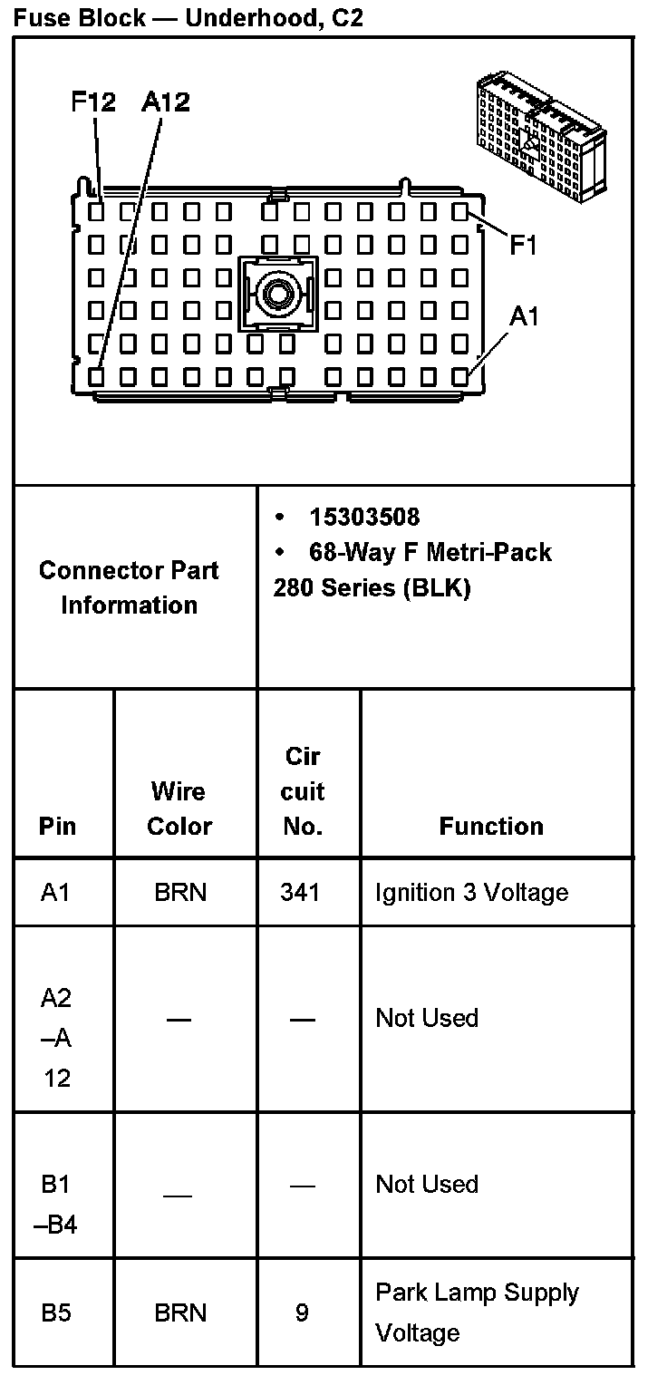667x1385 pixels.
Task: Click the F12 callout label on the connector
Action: tap(93, 102)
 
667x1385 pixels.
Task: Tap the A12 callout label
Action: tap(165, 102)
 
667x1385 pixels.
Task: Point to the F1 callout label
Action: tap(523, 245)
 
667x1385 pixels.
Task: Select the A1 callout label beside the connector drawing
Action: tap(524, 316)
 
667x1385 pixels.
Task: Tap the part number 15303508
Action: tap(364, 517)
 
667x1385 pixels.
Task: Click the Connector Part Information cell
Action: tap(129, 587)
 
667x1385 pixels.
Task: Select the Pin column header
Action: tap(58, 826)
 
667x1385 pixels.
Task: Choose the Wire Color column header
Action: tap(179, 809)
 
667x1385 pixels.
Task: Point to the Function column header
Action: tap(491, 826)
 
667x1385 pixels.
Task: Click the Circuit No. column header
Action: tap(302, 791)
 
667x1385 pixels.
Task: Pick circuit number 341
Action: tap(300, 893)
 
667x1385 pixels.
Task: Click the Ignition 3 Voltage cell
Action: tap(471, 893)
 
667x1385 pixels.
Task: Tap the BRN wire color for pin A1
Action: tap(180, 893)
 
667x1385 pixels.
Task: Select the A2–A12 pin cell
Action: tap(56, 1037)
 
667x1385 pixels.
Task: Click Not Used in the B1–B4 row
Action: tap(427, 1185)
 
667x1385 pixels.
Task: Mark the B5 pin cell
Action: tap(56, 1312)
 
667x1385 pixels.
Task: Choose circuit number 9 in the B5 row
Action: tap(302, 1312)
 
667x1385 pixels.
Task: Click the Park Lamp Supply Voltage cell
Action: tap(477, 1312)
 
